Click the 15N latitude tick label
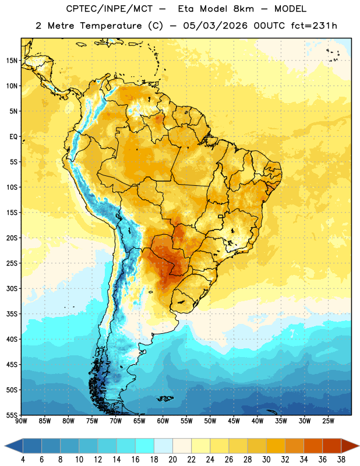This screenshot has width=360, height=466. point(12,61)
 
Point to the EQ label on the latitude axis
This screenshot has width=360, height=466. point(13,137)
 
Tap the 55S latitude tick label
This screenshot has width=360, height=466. point(12,415)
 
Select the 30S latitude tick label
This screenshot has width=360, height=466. point(12,288)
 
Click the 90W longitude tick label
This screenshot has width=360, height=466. point(21,421)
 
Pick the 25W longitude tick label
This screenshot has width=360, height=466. point(328,421)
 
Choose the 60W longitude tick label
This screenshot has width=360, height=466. point(163,421)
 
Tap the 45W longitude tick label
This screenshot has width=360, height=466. point(234,421)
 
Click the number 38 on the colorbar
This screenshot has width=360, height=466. point(341,460)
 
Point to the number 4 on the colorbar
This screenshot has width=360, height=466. point(23,460)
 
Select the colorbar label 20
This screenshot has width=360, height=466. point(172,460)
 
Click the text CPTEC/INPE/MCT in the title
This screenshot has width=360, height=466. point(110,9)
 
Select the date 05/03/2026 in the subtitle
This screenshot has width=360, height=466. point(215,26)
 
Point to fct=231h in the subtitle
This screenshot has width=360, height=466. point(314,26)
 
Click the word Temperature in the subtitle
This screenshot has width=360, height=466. point(111,26)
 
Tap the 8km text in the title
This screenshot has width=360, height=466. point(243,9)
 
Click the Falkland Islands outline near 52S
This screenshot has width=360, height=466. point(165,398)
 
